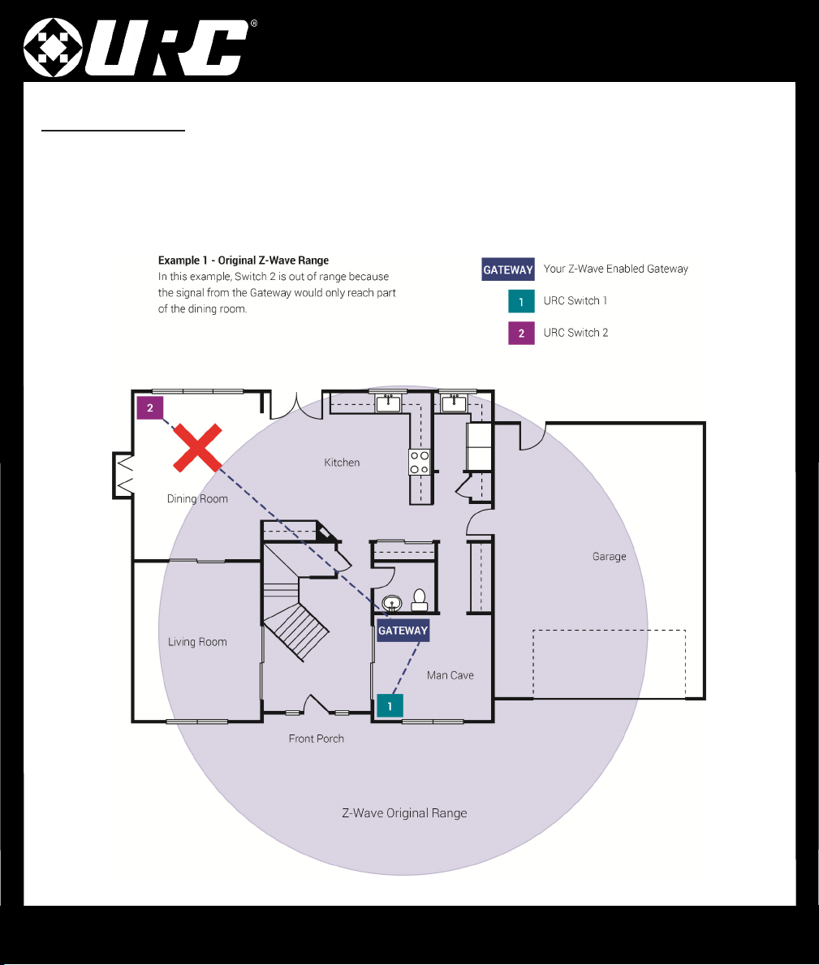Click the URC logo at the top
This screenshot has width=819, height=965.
[x=140, y=47]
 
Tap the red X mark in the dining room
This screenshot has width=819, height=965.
[x=197, y=447]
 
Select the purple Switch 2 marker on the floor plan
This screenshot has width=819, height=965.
[x=149, y=408]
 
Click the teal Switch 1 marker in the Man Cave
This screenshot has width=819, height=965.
[x=390, y=706]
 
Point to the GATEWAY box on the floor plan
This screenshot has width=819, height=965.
[x=403, y=630]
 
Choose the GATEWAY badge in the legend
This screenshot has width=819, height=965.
[x=507, y=269]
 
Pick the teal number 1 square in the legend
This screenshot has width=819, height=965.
[x=521, y=302]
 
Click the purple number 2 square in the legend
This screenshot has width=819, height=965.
[x=521, y=333]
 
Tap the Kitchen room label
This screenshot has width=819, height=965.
[x=342, y=462]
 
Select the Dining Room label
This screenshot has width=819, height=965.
[x=197, y=498]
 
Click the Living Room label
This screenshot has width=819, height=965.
[x=197, y=642]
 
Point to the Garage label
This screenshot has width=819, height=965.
[x=609, y=556]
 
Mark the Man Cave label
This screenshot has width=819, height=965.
[x=450, y=675]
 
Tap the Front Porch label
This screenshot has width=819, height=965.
[x=317, y=739]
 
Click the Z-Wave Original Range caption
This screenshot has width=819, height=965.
[x=404, y=813]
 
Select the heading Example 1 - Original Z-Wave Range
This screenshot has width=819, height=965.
[x=243, y=261]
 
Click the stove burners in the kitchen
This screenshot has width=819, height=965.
[x=420, y=462]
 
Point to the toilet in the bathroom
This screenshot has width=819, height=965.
[x=419, y=600]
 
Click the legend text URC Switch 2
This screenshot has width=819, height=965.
[x=576, y=333]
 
